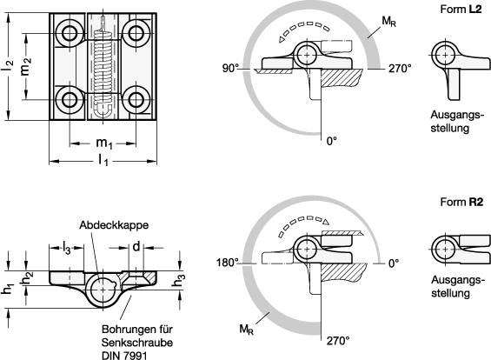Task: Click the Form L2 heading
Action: (461, 9)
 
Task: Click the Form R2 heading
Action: (461, 202)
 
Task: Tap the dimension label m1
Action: (104, 143)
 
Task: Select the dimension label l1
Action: (103, 161)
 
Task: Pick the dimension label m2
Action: (26, 67)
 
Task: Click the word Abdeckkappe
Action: (114, 225)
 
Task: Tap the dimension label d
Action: (136, 247)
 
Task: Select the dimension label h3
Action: (179, 280)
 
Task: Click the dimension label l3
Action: (67, 248)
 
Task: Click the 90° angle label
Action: (230, 69)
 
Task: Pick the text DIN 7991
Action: (124, 356)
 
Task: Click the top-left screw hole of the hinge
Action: (70, 33)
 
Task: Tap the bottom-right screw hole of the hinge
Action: (136, 100)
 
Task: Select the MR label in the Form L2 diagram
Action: (389, 22)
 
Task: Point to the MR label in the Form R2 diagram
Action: (247, 330)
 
